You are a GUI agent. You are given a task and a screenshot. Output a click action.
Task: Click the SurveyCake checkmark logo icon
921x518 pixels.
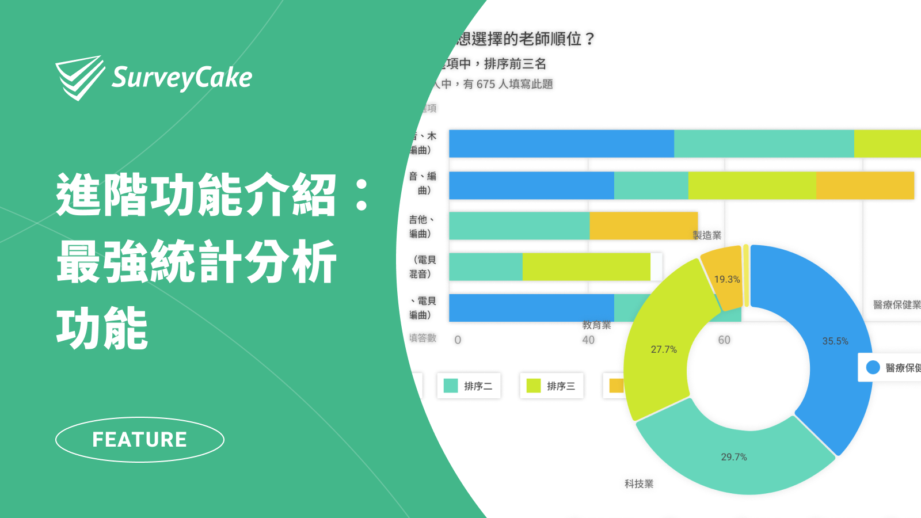pos(79,77)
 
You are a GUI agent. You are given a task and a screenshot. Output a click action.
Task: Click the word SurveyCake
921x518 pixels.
pos(182,78)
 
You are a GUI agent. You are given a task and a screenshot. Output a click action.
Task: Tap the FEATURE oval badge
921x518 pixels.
pos(140,440)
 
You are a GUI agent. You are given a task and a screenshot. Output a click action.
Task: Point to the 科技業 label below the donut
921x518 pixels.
pos(639,484)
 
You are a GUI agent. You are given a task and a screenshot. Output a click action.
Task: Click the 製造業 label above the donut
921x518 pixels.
pos(707,235)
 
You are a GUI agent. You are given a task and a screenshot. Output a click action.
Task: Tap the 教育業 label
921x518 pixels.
pos(596,325)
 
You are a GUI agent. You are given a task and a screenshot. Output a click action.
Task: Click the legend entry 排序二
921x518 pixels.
pos(469,386)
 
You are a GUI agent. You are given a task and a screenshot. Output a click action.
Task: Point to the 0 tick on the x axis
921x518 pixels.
pos(458,340)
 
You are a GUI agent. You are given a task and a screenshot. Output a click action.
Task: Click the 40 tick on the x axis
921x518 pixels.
pos(588,340)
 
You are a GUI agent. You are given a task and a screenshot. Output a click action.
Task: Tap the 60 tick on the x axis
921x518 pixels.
pos(724,340)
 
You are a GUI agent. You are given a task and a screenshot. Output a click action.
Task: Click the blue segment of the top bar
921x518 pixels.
pos(561,144)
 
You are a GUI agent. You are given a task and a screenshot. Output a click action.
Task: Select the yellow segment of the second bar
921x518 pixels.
pos(865,185)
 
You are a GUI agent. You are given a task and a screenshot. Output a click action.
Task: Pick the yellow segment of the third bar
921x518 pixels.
pos(643,226)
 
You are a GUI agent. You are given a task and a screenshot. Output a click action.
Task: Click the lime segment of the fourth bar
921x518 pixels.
pos(586,267)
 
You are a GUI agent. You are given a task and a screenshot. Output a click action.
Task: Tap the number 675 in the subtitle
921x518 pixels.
pos(486,85)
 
